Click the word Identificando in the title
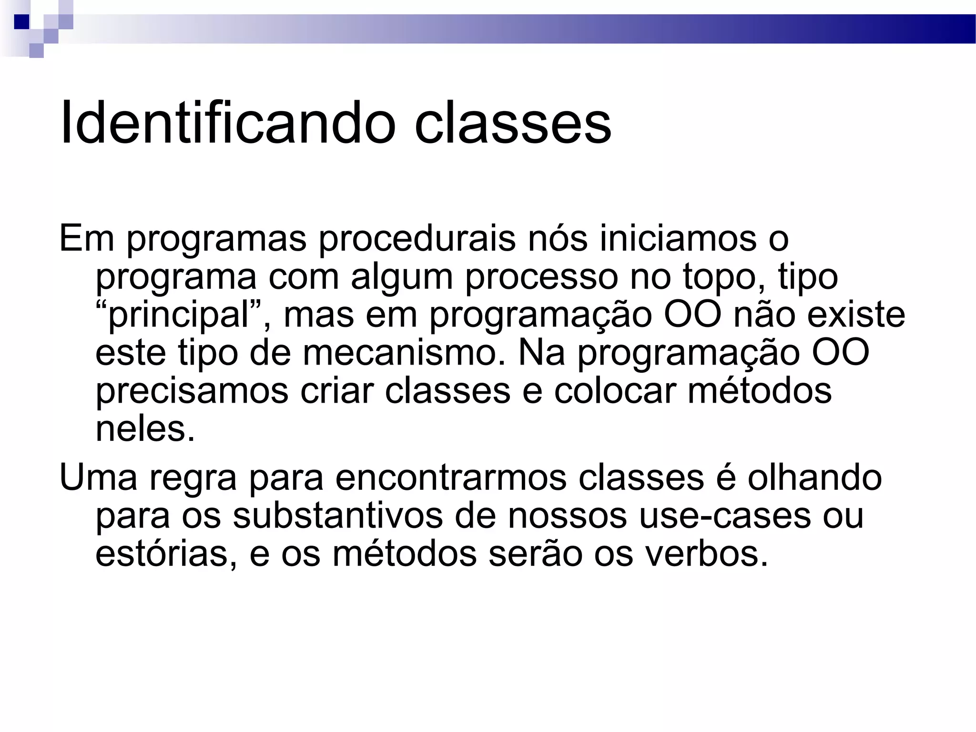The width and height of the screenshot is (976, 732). click(x=228, y=123)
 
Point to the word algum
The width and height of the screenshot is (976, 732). click(x=402, y=277)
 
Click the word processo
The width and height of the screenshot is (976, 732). click(x=541, y=277)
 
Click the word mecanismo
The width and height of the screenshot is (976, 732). click(x=404, y=353)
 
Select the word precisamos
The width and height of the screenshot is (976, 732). click(x=192, y=392)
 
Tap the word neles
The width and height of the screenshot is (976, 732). click(x=145, y=429)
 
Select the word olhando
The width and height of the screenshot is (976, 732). click(x=814, y=478)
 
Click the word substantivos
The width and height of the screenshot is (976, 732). click(x=338, y=516)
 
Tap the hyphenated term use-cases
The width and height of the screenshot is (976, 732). click(x=724, y=516)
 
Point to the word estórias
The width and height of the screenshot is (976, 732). click(x=166, y=554)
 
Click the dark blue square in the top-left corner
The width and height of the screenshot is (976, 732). click(x=22, y=22)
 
